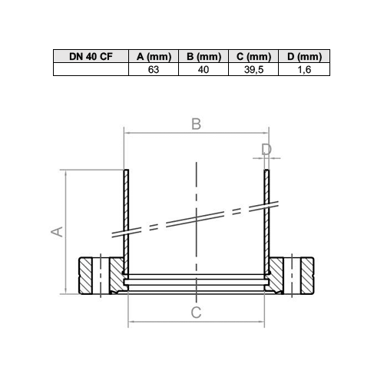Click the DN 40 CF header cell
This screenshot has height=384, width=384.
click(91, 56)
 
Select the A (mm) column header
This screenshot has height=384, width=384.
click(154, 56)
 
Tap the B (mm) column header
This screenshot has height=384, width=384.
click(204, 56)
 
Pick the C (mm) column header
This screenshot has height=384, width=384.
click(253, 56)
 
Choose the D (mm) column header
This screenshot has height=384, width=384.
click(304, 56)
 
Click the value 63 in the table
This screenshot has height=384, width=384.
click(154, 70)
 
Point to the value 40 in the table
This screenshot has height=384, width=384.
click(204, 70)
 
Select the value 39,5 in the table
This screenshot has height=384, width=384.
click(253, 70)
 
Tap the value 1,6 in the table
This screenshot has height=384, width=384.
click(304, 70)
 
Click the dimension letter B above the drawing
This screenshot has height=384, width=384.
click(197, 124)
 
